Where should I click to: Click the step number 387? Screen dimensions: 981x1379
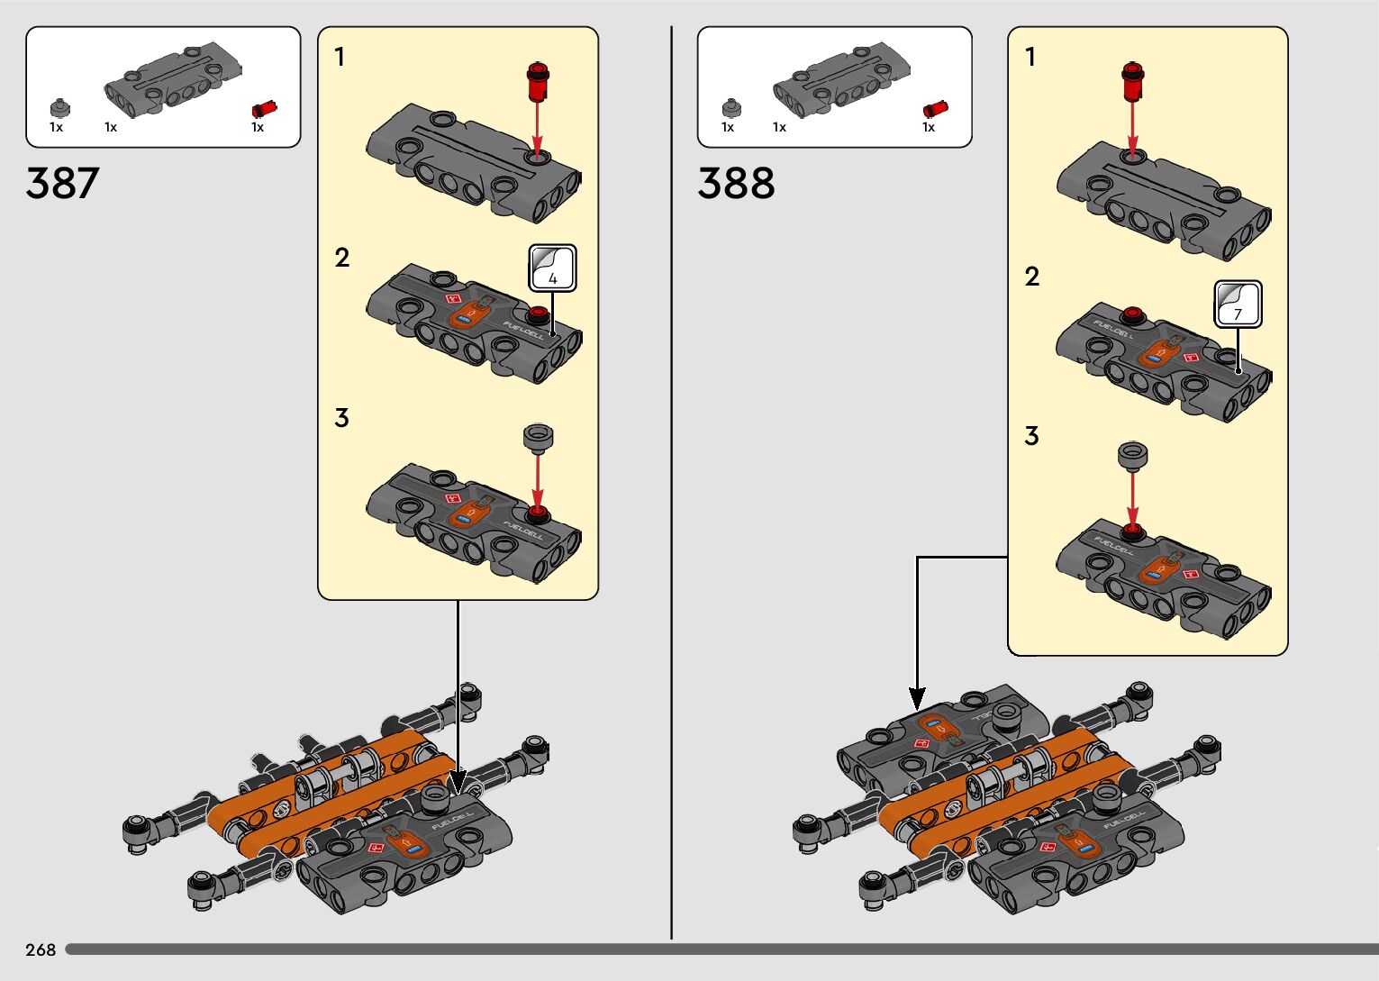(x=62, y=183)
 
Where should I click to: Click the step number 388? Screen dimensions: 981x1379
(x=735, y=183)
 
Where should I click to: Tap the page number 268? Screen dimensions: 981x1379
(x=41, y=949)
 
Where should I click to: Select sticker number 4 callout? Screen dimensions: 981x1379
(x=552, y=268)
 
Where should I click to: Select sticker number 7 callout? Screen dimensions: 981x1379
(x=1238, y=304)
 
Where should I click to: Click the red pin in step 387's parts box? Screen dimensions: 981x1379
(x=264, y=109)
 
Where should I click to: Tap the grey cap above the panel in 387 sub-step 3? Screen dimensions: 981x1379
(x=538, y=439)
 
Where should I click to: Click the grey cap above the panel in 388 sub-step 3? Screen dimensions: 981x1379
(x=1132, y=455)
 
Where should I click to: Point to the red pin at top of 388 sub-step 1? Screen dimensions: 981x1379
(x=1132, y=81)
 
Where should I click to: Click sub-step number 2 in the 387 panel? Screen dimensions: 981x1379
(x=341, y=258)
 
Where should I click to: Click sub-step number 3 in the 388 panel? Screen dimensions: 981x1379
(x=1031, y=436)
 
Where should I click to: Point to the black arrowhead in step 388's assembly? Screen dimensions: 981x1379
(x=917, y=697)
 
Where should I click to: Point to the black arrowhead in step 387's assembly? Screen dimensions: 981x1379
(x=458, y=780)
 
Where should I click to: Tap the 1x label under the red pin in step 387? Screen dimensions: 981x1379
(x=258, y=128)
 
